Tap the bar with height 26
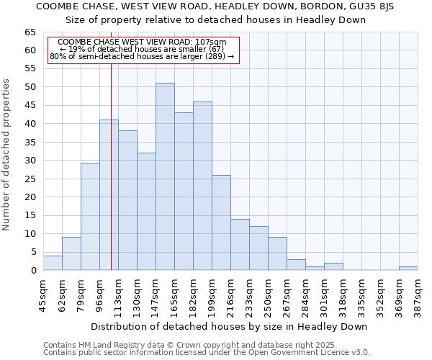pyautogui.click(x=221, y=222)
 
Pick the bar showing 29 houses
pyautogui.click(x=90, y=217)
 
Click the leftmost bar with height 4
pyautogui.click(x=53, y=263)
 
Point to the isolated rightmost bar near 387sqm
pyautogui.click(x=408, y=269)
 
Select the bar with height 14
pyautogui.click(x=240, y=245)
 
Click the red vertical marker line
pyautogui.click(x=111, y=180)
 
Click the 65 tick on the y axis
pyautogui.click(x=30, y=32)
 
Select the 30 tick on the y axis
pyautogui.click(x=30, y=161)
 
